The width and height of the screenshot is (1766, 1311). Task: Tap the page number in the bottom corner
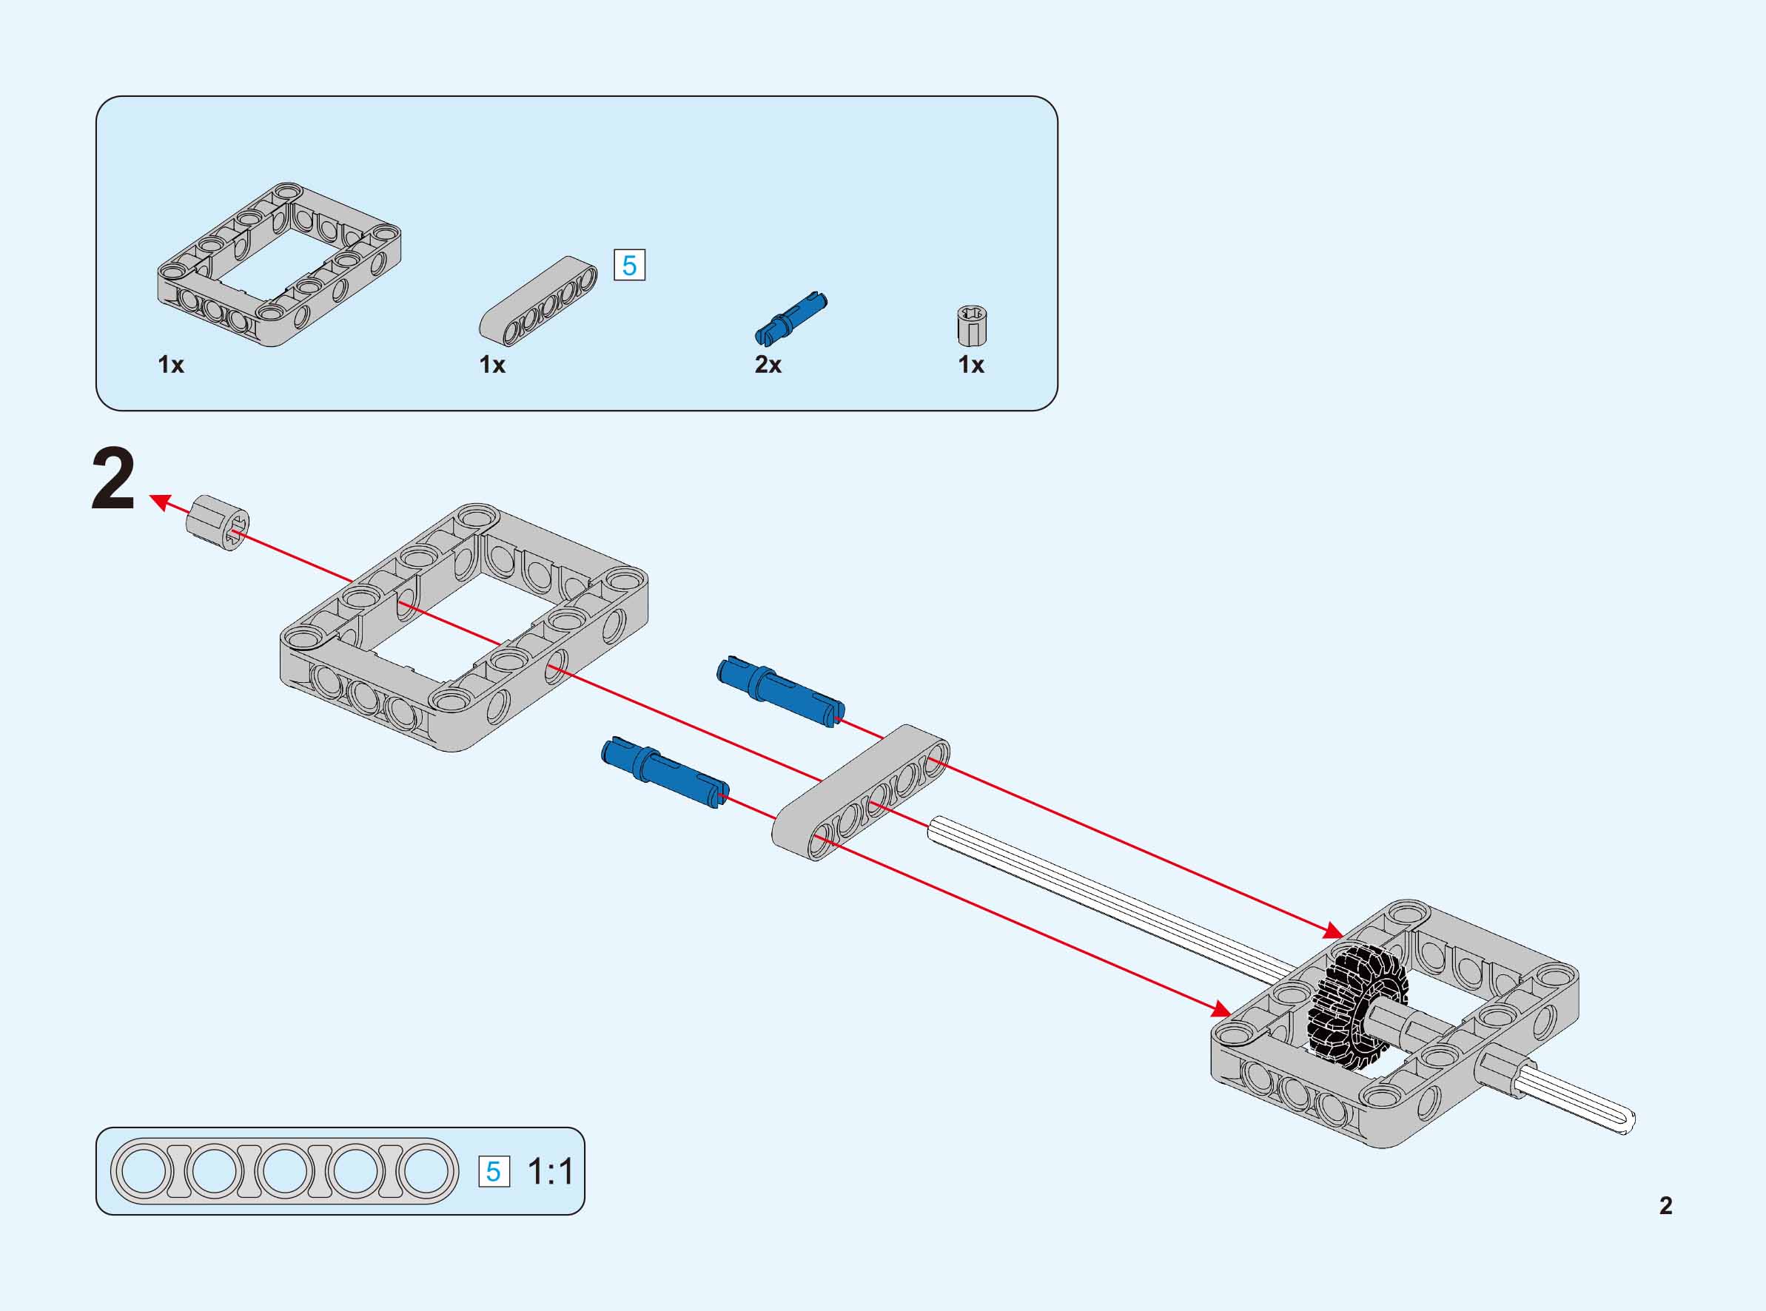point(1665,1205)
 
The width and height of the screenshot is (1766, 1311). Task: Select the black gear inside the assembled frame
point(1356,1003)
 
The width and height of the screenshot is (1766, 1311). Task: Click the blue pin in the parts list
point(790,318)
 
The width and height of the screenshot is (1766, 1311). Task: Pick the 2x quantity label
point(768,364)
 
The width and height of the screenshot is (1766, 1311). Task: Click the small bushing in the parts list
point(972,326)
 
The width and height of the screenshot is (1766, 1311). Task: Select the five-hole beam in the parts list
point(539,302)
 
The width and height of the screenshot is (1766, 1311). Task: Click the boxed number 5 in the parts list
point(629,265)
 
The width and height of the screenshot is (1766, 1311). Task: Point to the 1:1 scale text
point(550,1172)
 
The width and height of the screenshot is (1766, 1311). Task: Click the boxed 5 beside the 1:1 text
point(494,1172)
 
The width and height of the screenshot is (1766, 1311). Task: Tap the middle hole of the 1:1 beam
point(284,1171)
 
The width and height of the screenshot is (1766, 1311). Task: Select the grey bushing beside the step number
point(218,522)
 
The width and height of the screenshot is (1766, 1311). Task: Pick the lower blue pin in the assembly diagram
point(665,772)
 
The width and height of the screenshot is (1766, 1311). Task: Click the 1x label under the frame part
point(171,364)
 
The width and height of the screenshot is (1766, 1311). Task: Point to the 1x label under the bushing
point(970,364)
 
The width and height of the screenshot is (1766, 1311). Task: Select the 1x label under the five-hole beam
point(492,364)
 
